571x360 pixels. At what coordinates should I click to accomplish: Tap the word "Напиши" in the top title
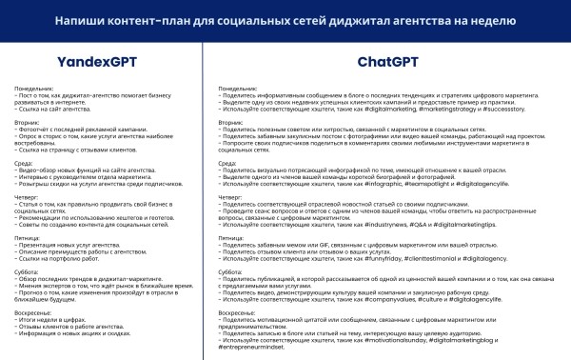point(81,19)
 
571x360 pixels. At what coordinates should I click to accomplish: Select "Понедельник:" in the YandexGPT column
point(34,89)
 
